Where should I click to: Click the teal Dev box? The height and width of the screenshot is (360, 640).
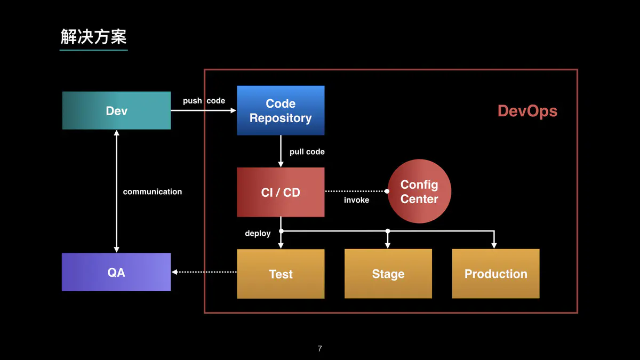pos(116,110)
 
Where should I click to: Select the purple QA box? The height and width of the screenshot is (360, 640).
pos(116,272)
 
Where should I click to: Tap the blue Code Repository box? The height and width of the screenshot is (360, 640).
pos(281,110)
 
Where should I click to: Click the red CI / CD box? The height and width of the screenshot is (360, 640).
pos(281,192)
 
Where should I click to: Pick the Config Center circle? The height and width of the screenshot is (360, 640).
pos(419,191)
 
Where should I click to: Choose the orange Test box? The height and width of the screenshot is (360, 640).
pos(281,274)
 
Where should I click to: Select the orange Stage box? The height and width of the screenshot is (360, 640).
pos(388,274)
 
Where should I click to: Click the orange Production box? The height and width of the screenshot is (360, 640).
pos(495,274)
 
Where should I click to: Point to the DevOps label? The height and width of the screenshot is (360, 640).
pos(527,111)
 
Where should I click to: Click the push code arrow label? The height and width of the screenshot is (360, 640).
pos(204,101)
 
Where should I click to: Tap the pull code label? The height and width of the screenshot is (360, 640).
pos(307,152)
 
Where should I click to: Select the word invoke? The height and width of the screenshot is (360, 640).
pos(356,200)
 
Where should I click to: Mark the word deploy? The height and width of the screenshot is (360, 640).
pos(258,234)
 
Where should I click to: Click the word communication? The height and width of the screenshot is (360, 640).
pos(152,192)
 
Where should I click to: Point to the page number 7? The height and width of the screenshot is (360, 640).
pos(319,349)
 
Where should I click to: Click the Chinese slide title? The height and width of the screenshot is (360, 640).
pos(93,37)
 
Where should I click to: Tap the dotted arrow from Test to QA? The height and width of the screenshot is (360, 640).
pos(205,272)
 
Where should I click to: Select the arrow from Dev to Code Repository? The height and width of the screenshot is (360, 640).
pos(203,110)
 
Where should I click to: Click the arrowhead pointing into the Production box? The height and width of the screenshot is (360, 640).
pos(494,245)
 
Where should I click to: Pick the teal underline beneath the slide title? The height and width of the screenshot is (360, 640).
pos(93,50)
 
